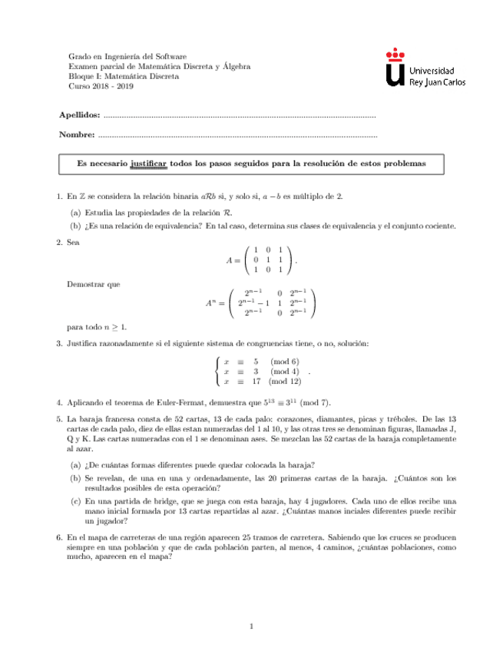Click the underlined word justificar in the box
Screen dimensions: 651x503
[x=149, y=164]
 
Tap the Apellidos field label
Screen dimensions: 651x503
[x=79, y=114]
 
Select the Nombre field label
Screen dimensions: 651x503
[x=77, y=136]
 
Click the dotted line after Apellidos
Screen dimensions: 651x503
[x=238, y=116]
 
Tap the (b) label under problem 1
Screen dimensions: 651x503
[x=75, y=226]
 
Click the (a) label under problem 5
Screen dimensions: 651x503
[x=75, y=464]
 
